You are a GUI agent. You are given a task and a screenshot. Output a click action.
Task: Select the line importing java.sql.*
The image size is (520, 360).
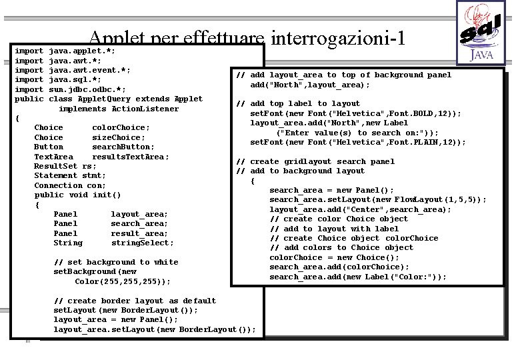click(58, 79)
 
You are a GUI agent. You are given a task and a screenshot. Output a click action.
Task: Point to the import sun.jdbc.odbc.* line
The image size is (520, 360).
click(70, 89)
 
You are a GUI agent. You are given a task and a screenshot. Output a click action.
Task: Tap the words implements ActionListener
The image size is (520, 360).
click(119, 109)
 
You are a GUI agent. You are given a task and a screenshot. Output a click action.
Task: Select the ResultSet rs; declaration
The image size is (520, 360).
click(65, 166)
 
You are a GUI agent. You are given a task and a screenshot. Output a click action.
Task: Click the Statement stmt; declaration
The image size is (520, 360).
click(69, 175)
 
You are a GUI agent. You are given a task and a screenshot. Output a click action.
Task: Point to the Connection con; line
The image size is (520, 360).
click(70, 185)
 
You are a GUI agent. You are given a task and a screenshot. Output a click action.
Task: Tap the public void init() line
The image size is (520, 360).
click(77, 195)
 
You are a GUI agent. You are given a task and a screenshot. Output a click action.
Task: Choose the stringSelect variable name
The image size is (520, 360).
click(142, 243)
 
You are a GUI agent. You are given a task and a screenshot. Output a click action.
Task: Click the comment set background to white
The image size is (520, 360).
click(116, 262)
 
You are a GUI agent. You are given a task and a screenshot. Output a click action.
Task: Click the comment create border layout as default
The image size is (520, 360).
click(135, 301)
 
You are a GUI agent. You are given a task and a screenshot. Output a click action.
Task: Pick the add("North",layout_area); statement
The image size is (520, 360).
click(310, 85)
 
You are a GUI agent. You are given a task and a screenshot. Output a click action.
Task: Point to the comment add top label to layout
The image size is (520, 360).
click(299, 103)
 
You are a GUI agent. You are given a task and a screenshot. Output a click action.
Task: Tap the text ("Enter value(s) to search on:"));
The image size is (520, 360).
click(357, 132)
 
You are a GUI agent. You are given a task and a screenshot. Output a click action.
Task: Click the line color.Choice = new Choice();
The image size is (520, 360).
click(334, 257)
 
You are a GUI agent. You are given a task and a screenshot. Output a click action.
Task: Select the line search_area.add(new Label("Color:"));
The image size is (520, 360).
click(358, 277)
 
